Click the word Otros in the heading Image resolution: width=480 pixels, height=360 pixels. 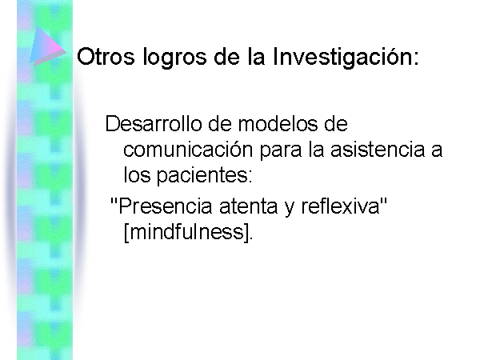pos(106,57)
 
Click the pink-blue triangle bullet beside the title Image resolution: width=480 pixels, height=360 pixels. pos(48,46)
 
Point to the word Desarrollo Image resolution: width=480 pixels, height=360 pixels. pos(154,124)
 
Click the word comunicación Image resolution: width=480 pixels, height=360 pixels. pos(188,150)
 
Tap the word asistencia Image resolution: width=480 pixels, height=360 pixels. pos(378,150)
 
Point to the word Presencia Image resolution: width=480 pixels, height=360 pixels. pos(166,206)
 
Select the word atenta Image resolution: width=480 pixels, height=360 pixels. pos(249,206)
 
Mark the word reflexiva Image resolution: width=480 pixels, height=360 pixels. pos(340,206)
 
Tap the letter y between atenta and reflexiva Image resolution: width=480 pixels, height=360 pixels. pos(290,209)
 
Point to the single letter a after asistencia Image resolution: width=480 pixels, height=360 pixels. pos(437,152)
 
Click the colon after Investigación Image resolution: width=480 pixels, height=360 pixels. pos(415,59)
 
